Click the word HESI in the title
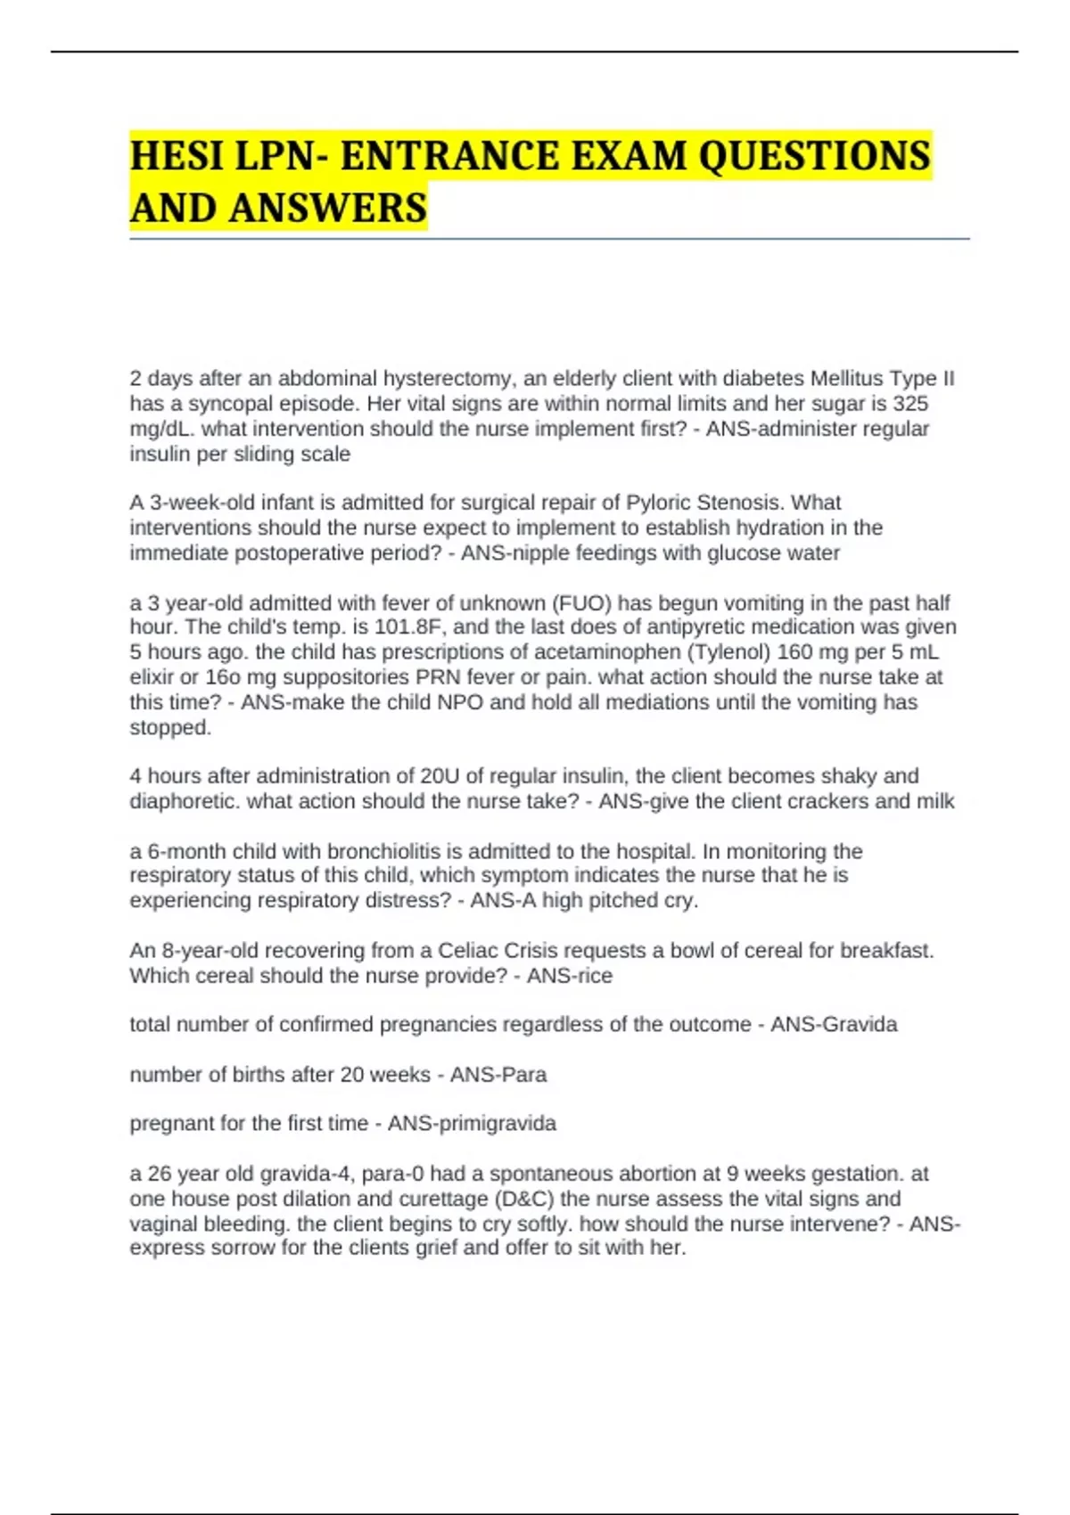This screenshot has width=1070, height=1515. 175,157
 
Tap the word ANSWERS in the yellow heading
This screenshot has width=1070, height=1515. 327,209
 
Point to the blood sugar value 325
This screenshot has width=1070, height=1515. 910,404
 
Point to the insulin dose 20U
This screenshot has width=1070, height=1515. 440,776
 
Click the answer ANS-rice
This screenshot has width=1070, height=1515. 570,976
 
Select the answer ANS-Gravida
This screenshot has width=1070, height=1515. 834,1025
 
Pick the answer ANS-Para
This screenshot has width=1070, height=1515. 498,1075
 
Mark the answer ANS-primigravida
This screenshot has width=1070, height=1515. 472,1124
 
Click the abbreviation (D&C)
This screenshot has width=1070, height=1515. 523,1199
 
